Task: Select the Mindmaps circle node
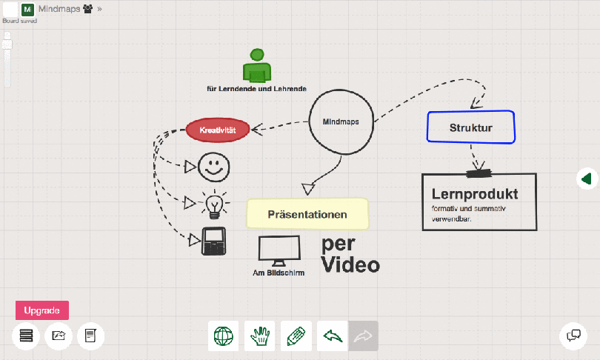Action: [341, 122]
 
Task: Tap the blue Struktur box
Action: [471, 127]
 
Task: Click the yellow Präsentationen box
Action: [307, 214]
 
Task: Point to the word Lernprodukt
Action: [474, 194]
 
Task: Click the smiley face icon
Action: [214, 166]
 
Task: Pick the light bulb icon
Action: [215, 203]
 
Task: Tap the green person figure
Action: [256, 67]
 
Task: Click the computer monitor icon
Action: [279, 250]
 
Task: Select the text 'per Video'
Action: [350, 254]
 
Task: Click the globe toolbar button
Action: [223, 336]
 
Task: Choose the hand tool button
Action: [259, 336]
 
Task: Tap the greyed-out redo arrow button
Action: [364, 336]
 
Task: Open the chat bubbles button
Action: [573, 336]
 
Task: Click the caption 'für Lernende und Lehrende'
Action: [256, 89]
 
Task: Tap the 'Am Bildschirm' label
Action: [279, 273]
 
